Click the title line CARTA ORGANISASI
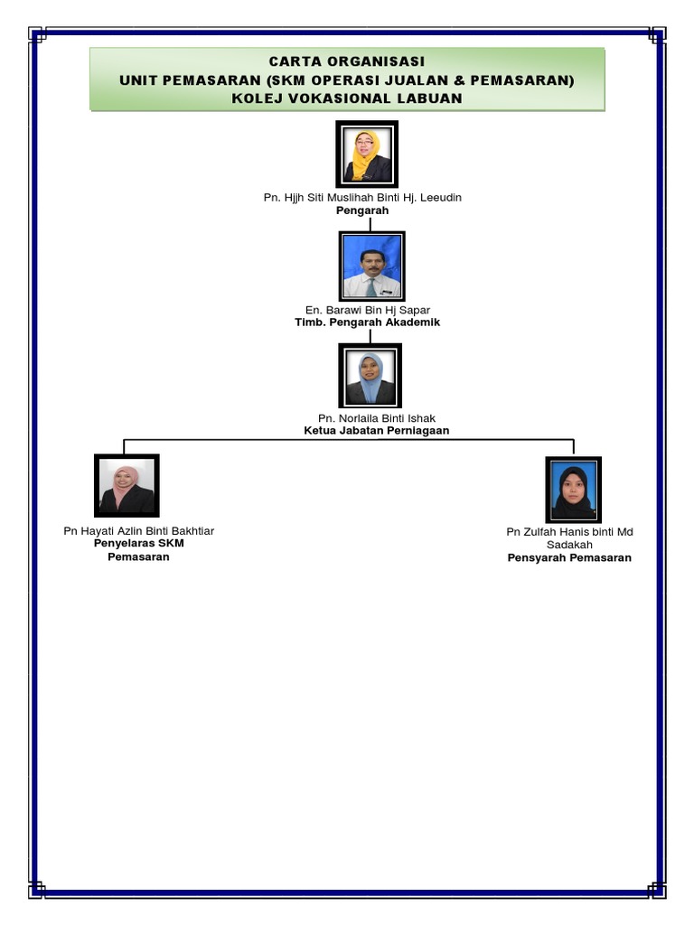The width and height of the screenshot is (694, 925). point(346,61)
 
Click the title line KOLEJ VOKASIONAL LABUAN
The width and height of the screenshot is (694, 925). point(346,98)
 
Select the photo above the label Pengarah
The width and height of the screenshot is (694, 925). point(366,154)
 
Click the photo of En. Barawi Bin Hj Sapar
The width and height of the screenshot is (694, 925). point(371,266)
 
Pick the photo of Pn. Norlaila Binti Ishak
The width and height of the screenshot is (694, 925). point(370,376)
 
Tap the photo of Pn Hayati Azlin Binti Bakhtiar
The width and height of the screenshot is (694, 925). point(127,486)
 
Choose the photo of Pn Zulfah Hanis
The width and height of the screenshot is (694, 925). point(573,489)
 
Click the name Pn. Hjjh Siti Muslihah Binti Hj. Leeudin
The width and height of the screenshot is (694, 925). point(362,197)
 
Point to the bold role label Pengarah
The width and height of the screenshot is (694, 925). point(362,210)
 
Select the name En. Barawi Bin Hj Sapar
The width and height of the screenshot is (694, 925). point(368,310)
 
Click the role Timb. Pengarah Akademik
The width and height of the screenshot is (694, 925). point(368,322)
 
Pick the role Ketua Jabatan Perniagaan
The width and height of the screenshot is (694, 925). point(377,431)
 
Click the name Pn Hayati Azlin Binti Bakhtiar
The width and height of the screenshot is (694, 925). point(138,530)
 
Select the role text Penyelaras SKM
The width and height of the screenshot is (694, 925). point(138,543)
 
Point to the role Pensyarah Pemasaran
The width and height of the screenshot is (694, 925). point(569,558)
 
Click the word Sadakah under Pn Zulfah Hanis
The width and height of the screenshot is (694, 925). point(569,545)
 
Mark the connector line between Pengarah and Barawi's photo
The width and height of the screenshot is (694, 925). point(370,223)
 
